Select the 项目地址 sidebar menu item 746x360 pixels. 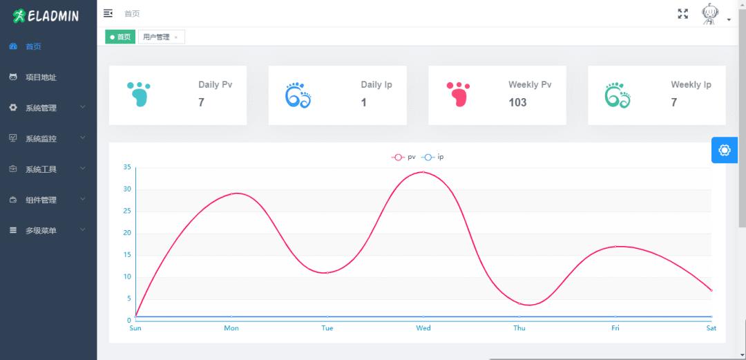click(41, 77)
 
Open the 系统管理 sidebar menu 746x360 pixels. click(41, 108)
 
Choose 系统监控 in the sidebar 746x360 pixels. click(41, 138)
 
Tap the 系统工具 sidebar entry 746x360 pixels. click(41, 169)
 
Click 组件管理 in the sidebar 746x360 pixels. click(41, 200)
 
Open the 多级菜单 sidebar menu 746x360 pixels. click(41, 230)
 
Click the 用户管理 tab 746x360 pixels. click(156, 37)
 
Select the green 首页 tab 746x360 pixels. click(120, 37)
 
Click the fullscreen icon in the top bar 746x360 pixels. click(683, 14)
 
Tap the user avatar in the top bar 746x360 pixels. click(709, 15)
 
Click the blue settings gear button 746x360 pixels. click(724, 150)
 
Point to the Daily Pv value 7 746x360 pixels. click(201, 102)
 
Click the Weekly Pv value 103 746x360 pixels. click(517, 102)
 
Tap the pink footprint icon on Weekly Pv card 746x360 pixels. click(458, 94)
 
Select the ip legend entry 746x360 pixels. click(433, 157)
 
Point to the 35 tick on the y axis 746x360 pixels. click(126, 167)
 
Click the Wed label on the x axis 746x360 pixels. click(423, 328)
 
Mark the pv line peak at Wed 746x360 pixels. click(423, 172)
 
